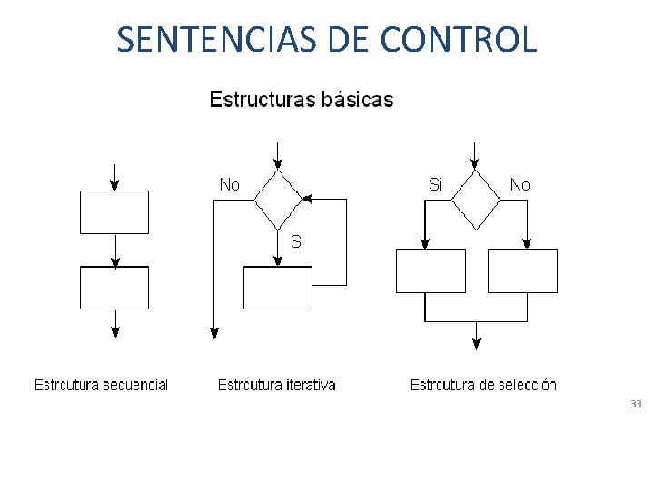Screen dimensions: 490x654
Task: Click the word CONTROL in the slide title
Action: click(459, 39)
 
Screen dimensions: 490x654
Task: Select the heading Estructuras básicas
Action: click(302, 99)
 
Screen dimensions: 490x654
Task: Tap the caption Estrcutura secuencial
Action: click(101, 385)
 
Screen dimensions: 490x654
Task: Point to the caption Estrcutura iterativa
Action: click(276, 385)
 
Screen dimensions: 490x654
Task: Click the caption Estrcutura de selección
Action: click(483, 385)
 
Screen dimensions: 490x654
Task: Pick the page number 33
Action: click(635, 404)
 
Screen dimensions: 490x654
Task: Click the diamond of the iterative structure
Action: click(278, 200)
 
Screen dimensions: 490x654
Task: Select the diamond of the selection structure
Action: click(476, 200)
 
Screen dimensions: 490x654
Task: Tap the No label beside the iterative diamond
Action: click(230, 184)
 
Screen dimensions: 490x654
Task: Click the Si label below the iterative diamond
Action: click(297, 241)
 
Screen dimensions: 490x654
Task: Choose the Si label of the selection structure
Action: click(435, 184)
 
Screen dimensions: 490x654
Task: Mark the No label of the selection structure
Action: click(520, 184)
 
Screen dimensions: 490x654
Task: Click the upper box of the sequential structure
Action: click(114, 212)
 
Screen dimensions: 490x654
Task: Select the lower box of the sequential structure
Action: click(114, 288)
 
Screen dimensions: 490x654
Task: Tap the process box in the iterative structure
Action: click(278, 288)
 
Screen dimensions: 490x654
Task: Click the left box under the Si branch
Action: click(431, 270)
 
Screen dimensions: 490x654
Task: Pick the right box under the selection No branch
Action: click(522, 270)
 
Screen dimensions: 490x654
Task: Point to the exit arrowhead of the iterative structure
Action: click(214, 332)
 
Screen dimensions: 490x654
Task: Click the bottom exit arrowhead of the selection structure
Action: click(476, 342)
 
